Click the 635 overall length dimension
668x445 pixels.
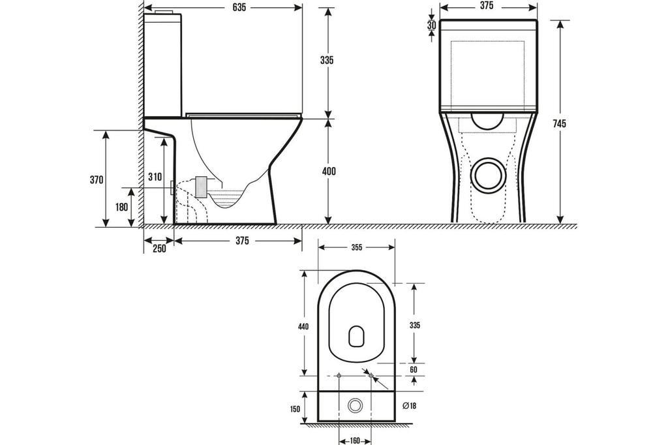tap(239, 7)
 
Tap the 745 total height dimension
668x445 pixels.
tap(560, 123)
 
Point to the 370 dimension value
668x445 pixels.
tap(97, 180)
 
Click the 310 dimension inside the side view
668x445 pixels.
tap(155, 176)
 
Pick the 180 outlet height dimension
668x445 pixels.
tap(121, 207)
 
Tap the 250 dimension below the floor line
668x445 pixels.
tap(159, 249)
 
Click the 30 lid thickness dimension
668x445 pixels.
tap(432, 25)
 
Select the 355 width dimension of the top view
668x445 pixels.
tap(357, 248)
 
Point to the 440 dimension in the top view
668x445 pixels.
tap(303, 327)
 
